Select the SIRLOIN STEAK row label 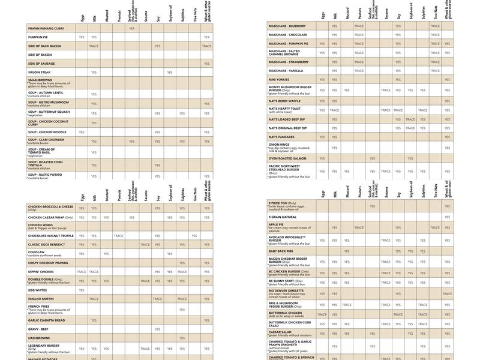tap(40, 72)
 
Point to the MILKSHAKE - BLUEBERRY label tap(287, 26)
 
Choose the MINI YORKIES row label tap(279, 79)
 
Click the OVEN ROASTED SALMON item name tap(287, 158)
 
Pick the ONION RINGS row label tap(278, 144)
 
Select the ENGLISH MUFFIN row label tap(40, 298)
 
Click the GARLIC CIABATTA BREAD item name tap(48, 320)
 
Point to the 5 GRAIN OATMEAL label tap(283, 217)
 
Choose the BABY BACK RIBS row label tap(281, 251)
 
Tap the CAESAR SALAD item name tap(280, 332)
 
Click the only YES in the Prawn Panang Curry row tap(131, 28)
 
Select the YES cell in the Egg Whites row tap(82, 290)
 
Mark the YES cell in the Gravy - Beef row tap(157, 329)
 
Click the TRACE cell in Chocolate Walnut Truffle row tap(119, 236)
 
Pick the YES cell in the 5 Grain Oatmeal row tap(447, 217)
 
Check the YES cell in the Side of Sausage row tap(206, 63)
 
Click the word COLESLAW tap(38, 253)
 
